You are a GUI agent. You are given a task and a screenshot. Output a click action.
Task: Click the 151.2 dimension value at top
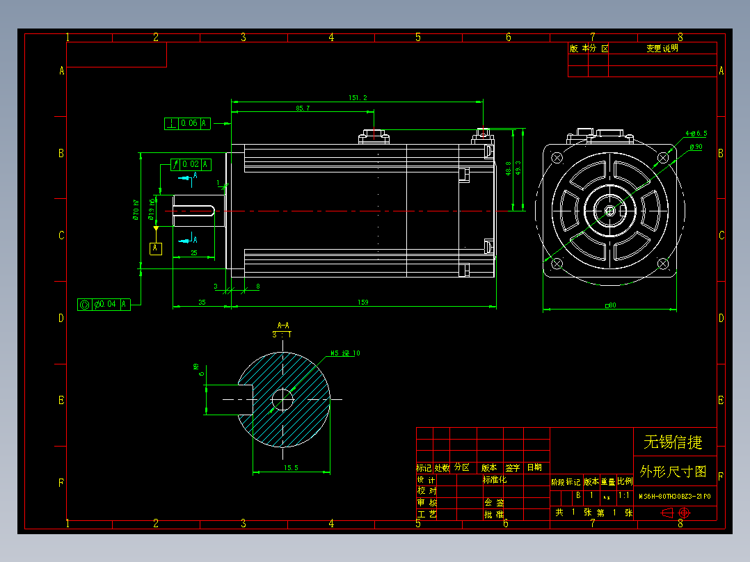click(x=358, y=98)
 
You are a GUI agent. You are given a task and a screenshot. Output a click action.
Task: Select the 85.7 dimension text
click(x=303, y=109)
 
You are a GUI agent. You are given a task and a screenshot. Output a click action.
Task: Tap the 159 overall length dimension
click(x=362, y=303)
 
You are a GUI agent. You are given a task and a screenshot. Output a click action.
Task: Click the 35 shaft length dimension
click(x=202, y=303)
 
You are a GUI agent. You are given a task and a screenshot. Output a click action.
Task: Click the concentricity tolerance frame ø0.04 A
click(x=103, y=304)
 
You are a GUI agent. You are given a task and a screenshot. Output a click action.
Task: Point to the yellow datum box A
click(x=156, y=248)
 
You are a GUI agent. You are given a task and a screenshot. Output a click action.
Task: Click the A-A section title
click(x=283, y=325)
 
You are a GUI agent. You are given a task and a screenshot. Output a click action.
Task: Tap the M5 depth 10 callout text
click(x=346, y=353)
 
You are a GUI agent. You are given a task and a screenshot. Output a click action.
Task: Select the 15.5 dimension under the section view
click(x=291, y=468)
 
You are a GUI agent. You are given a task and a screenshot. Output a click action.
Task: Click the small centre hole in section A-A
click(x=282, y=399)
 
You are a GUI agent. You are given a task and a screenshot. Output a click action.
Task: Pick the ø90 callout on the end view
click(x=695, y=147)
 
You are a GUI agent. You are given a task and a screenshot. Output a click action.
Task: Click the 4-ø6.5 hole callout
click(x=696, y=133)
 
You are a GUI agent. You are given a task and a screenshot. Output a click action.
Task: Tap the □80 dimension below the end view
click(x=611, y=305)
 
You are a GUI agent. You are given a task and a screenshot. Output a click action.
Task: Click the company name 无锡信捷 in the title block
click(x=673, y=442)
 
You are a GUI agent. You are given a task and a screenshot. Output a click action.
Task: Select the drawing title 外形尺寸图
click(x=673, y=472)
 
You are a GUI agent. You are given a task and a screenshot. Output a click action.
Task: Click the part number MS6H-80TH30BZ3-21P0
click(x=674, y=497)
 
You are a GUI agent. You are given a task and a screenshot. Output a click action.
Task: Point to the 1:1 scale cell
click(x=624, y=496)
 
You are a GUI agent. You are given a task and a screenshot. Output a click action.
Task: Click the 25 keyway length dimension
click(x=194, y=253)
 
